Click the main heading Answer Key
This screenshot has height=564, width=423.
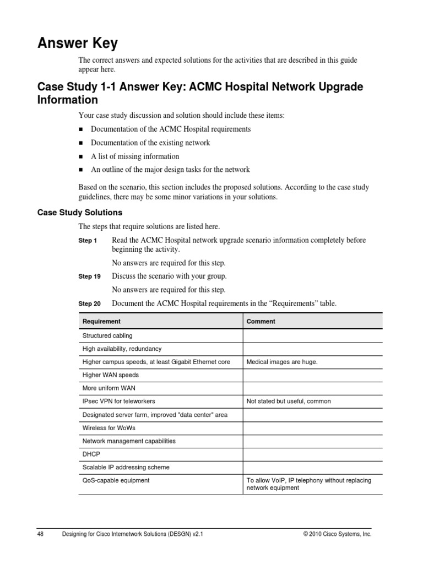(x=77, y=43)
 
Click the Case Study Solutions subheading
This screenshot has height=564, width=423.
(x=79, y=213)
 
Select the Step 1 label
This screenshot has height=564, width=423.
(x=88, y=241)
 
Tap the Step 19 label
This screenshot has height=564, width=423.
(x=89, y=276)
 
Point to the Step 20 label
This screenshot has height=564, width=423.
(x=89, y=303)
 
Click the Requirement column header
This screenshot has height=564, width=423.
(x=101, y=321)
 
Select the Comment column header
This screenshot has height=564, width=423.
(x=261, y=321)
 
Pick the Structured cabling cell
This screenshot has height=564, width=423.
(x=107, y=335)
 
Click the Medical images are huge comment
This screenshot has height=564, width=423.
(x=282, y=362)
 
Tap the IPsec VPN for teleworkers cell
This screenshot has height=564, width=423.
(x=118, y=402)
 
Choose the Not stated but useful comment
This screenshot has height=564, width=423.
(x=289, y=402)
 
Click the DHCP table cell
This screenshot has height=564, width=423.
(x=91, y=454)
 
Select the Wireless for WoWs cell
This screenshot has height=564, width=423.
(x=109, y=428)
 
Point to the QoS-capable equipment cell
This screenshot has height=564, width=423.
(x=116, y=480)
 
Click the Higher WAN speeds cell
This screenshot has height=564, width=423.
(x=110, y=375)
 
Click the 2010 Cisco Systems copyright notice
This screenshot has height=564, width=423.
(x=337, y=534)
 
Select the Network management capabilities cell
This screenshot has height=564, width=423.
(x=129, y=441)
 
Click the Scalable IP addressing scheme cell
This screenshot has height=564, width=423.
(x=126, y=467)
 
